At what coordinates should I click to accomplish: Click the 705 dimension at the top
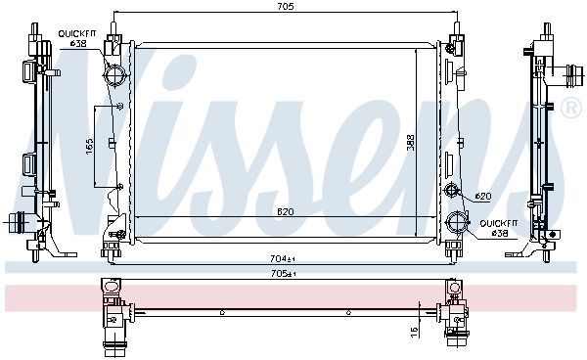coord(286,7)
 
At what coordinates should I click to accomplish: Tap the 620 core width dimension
coord(286,212)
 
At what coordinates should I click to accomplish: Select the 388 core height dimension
coord(411,142)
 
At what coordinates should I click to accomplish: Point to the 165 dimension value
coord(89,147)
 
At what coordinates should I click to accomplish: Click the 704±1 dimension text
coord(283,258)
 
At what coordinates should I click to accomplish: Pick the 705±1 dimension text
coord(284,274)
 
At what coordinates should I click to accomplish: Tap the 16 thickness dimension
coord(414,332)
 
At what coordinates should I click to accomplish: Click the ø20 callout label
coord(483,196)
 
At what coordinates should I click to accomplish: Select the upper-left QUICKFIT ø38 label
coord(77,38)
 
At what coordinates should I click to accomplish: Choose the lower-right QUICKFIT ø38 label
coord(499,228)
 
